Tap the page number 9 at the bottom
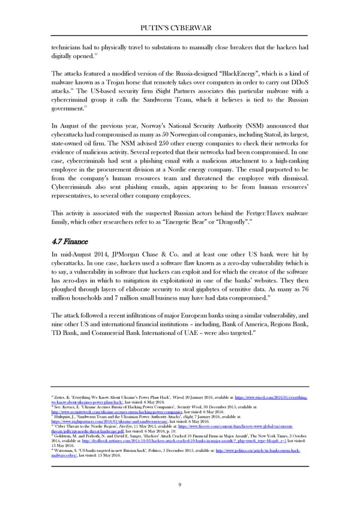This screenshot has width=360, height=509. (180, 485)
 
